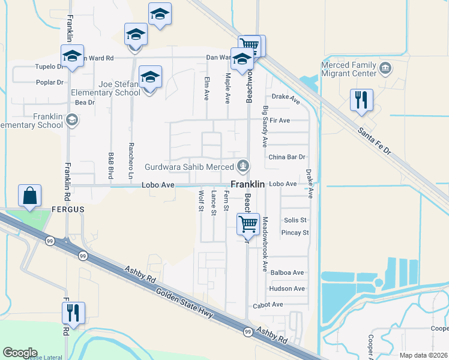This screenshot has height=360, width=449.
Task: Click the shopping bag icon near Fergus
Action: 30,196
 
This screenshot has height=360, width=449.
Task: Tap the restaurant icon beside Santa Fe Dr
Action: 361,100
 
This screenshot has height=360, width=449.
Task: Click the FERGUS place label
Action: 68,209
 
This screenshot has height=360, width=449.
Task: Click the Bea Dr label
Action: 85,103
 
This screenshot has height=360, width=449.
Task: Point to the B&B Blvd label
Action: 111,166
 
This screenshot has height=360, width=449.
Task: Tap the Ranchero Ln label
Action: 131,161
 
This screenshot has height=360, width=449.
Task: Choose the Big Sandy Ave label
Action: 265,127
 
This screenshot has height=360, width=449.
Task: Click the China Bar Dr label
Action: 287,157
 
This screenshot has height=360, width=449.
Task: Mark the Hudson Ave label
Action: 287,289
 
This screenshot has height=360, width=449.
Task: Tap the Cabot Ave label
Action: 268,305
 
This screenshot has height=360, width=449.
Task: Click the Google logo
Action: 20,353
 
